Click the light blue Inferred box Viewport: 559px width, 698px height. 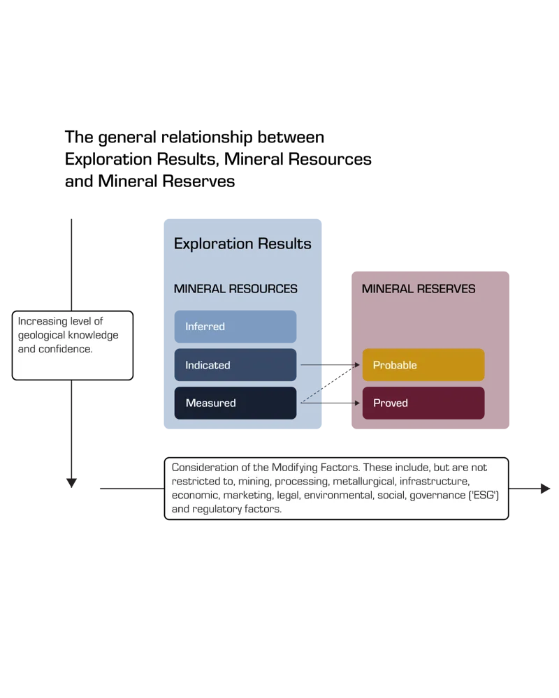235,326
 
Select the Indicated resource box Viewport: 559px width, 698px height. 235,364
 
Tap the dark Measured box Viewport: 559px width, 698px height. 235,403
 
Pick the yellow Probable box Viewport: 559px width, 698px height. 423,364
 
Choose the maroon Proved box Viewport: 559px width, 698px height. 423,403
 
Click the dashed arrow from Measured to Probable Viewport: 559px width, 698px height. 331,383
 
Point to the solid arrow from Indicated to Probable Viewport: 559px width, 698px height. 331,365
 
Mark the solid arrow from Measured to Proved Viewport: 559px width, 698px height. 331,403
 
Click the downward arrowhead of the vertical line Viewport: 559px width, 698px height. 71,482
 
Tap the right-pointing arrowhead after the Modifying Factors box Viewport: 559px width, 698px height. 545,489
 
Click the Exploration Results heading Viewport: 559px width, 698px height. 242,244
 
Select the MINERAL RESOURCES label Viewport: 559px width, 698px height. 235,289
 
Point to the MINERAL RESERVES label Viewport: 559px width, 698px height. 419,289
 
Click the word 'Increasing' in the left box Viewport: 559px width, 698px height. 43,321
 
